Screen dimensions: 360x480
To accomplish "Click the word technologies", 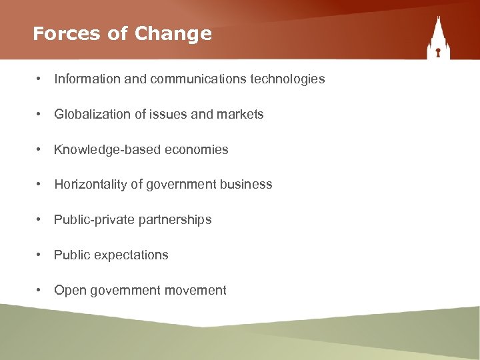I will tap(287, 79).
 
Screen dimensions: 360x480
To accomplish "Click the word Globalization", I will tap(92, 115).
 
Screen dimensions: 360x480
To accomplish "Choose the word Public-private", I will tap(87, 220).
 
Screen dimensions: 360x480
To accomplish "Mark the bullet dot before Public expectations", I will tap(40, 255).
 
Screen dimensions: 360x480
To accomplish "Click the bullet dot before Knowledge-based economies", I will tap(40, 149).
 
